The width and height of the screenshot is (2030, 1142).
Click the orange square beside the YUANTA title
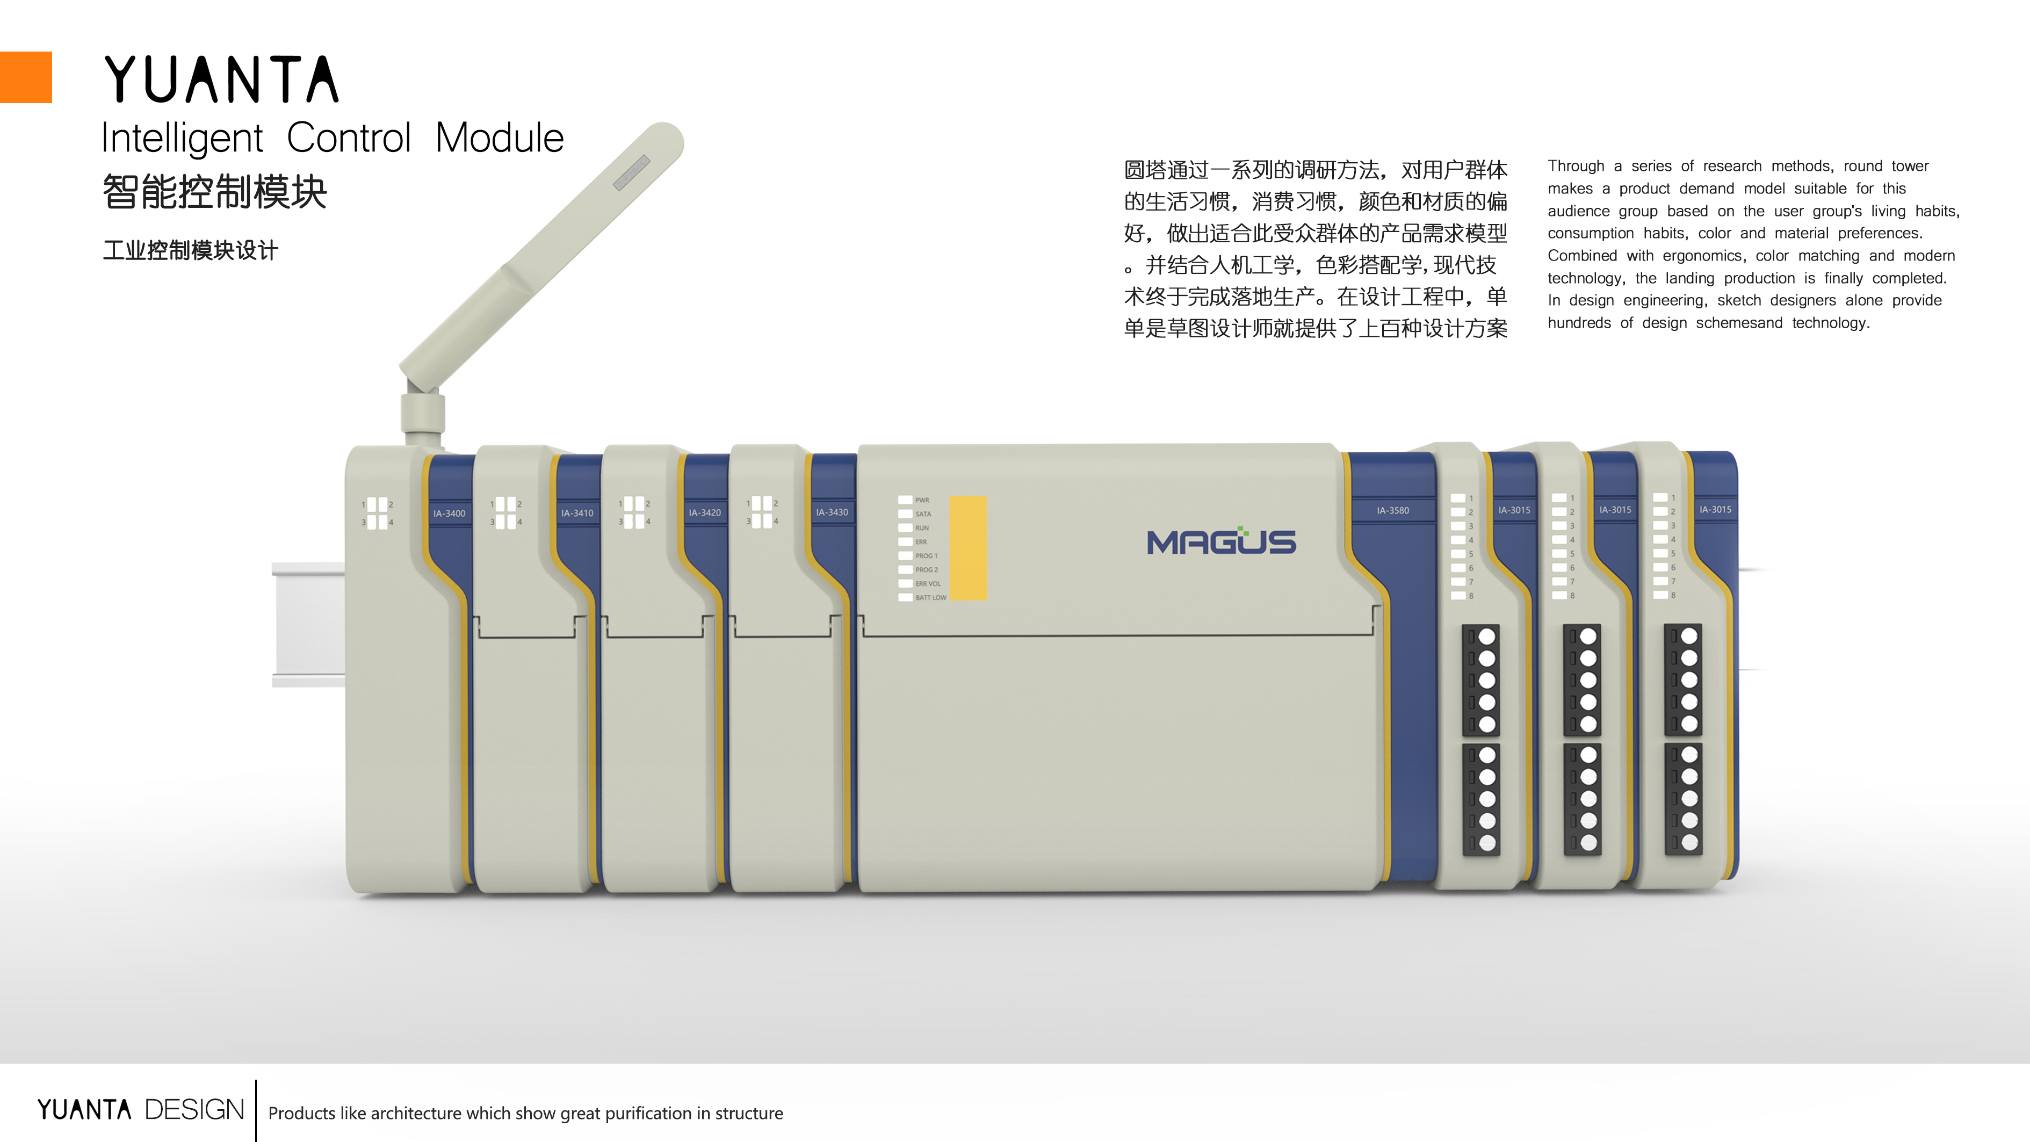coord(25,77)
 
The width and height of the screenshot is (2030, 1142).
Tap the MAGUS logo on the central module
coord(1220,541)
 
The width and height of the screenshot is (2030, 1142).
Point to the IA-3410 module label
coord(577,513)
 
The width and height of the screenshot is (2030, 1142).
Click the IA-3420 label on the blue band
coord(705,513)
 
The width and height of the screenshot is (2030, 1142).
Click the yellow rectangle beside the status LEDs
coord(967,548)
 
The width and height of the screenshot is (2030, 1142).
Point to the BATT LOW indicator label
coord(931,597)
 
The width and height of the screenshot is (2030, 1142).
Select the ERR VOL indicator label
coord(928,584)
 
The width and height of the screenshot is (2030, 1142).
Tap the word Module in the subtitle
coord(499,139)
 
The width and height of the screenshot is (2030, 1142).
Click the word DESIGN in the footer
coord(194,1110)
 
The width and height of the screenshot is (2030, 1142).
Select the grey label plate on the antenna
coord(631,172)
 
